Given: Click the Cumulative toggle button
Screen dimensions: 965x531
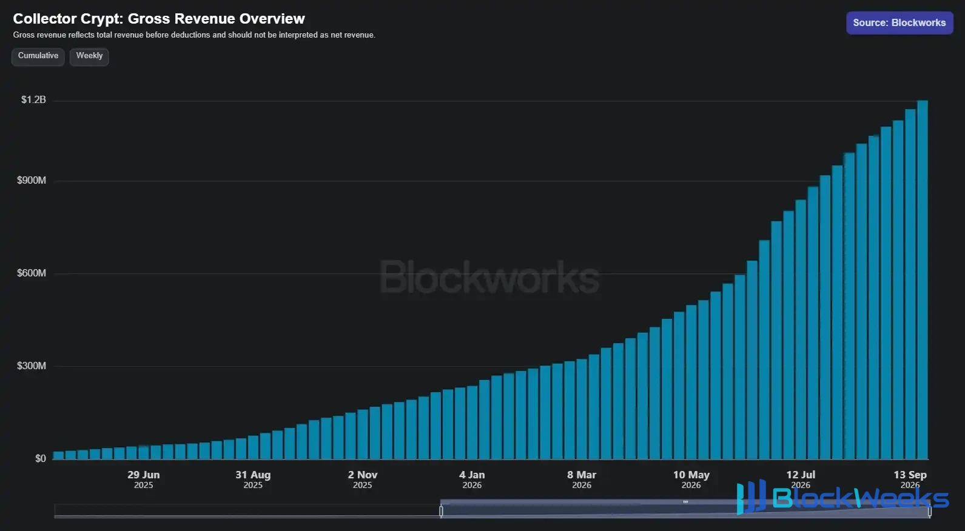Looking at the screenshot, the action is point(38,56).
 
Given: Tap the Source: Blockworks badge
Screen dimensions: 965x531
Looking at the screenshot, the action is point(899,23).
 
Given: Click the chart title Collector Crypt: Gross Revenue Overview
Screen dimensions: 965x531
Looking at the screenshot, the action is point(159,19).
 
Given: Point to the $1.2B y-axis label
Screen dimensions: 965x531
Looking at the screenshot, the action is point(33,100).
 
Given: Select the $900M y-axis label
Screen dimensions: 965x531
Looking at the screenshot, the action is point(32,181).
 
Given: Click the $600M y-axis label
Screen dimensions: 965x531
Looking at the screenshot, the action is point(32,273).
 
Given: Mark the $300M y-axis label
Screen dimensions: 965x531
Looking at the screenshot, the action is point(32,366).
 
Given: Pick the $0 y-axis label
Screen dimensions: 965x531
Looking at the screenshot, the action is point(41,459).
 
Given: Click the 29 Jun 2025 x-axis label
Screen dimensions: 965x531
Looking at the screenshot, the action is point(144,479).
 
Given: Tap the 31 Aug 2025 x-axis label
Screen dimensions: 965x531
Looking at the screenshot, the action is point(253,479).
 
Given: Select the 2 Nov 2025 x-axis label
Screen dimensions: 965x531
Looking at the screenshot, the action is point(363,479).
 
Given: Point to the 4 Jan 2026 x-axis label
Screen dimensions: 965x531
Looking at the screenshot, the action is point(472,479).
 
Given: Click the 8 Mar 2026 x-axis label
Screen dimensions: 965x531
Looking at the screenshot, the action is point(582,479).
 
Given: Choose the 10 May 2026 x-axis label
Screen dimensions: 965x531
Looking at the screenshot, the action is point(691,479).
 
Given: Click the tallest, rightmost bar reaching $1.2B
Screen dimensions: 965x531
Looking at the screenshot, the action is point(923,280).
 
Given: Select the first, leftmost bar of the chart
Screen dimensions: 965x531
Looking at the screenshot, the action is point(58,456).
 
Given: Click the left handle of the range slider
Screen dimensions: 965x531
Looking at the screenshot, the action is point(441,511).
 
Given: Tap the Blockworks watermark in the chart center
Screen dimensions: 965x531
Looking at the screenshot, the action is point(489,278).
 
